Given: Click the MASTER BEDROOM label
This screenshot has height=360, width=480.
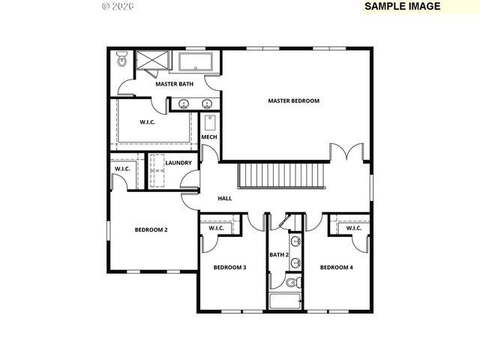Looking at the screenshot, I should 294,100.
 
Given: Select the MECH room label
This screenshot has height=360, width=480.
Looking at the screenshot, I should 208,137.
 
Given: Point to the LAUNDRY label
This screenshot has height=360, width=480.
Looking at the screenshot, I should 178,163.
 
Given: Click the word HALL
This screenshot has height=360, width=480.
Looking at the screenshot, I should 224,199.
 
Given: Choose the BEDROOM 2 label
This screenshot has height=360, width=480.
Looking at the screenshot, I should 151,229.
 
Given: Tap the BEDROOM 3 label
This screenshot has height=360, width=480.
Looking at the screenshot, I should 229,267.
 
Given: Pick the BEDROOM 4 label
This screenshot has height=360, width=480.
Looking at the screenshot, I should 336,267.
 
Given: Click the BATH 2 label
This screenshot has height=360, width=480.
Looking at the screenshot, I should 279,255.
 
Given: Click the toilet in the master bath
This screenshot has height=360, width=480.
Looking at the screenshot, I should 122,61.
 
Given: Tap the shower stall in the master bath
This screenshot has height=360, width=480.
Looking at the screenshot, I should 153,61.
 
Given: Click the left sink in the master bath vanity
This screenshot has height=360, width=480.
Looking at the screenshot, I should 184,104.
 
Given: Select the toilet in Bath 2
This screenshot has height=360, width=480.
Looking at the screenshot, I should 293,283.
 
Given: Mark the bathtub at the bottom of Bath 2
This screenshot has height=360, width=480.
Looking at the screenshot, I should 286,302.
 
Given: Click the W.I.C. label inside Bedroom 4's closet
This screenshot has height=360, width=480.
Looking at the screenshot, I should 354,228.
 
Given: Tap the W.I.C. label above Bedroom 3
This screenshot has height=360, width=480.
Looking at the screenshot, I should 217,228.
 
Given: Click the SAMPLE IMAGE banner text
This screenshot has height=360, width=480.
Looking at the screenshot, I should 402,6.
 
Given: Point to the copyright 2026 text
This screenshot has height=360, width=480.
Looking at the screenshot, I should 117,6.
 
